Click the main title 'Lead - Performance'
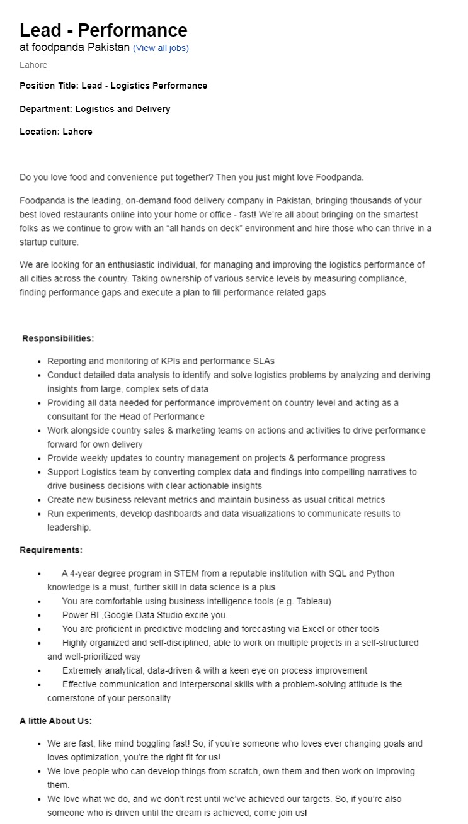click(x=103, y=30)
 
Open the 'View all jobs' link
click(x=161, y=48)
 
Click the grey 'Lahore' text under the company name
click(x=33, y=65)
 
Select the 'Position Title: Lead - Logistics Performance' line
click(x=113, y=86)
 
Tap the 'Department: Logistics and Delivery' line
click(x=94, y=109)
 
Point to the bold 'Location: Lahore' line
click(x=56, y=132)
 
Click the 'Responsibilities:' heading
click(x=58, y=339)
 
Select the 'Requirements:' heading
click(x=51, y=550)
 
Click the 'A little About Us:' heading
click(x=55, y=721)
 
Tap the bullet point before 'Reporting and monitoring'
click(x=40, y=362)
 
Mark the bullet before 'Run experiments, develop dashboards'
click(x=40, y=514)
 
